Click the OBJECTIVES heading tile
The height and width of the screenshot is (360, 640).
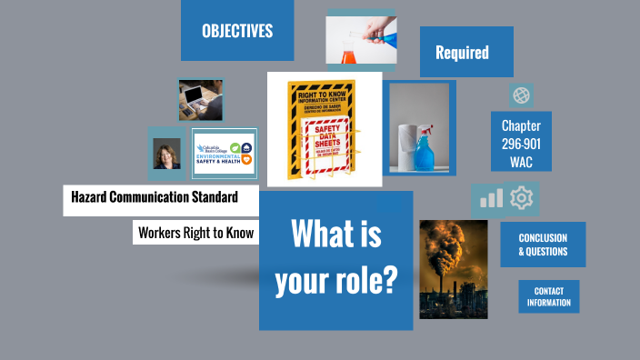click(x=237, y=31)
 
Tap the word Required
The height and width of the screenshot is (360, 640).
click(x=462, y=53)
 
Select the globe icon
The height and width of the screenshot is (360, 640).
click(x=521, y=95)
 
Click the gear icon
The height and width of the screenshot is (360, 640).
click(x=521, y=197)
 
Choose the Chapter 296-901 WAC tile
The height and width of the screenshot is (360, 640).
click(x=521, y=144)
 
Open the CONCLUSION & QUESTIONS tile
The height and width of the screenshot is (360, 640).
click(x=543, y=245)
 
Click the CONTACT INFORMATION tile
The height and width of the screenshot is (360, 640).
click(x=549, y=296)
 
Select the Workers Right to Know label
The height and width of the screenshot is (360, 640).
click(x=195, y=233)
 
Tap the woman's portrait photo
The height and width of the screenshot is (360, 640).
click(x=166, y=155)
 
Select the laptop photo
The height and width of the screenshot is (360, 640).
click(x=200, y=100)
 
